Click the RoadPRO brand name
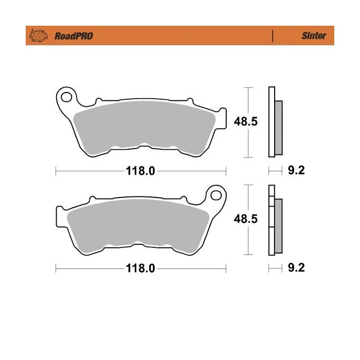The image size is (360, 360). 74,36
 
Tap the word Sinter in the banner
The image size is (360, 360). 314,35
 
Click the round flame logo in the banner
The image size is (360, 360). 38,36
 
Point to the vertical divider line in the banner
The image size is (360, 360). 273,36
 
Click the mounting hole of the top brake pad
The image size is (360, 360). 66,97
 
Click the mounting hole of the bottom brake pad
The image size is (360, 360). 216,195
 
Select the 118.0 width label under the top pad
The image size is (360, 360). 140,171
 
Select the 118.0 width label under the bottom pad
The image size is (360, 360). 140,268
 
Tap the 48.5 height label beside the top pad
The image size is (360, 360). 246,121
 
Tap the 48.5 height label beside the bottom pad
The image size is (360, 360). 246,219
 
